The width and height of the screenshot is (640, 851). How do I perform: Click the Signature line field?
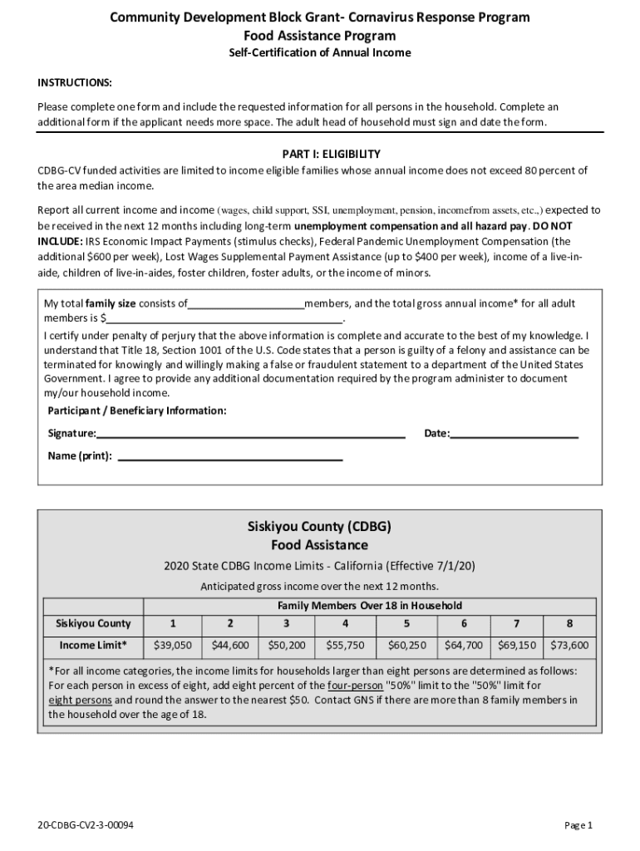click(x=250, y=434)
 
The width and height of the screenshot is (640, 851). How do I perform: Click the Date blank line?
click(x=514, y=434)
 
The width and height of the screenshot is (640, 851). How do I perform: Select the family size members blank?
click(x=246, y=304)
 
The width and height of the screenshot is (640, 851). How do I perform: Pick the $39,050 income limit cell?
click(x=173, y=645)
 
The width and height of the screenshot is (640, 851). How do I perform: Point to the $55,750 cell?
click(x=344, y=645)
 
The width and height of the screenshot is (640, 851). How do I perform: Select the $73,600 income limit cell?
click(x=569, y=645)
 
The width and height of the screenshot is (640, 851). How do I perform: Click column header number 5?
click(x=406, y=623)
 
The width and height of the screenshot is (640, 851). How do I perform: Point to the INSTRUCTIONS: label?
click(x=75, y=84)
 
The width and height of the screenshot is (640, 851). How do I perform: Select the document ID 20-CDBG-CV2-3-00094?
click(x=86, y=825)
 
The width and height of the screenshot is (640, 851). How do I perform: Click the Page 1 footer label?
click(x=578, y=825)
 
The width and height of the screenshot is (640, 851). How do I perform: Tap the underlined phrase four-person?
click(x=355, y=686)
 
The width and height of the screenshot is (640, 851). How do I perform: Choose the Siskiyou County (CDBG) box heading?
click(x=319, y=527)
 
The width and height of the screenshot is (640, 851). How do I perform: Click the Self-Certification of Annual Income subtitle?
click(x=320, y=53)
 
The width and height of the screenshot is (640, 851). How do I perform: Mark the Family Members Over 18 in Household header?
click(x=369, y=605)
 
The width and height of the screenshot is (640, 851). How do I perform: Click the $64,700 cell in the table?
click(x=464, y=645)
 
